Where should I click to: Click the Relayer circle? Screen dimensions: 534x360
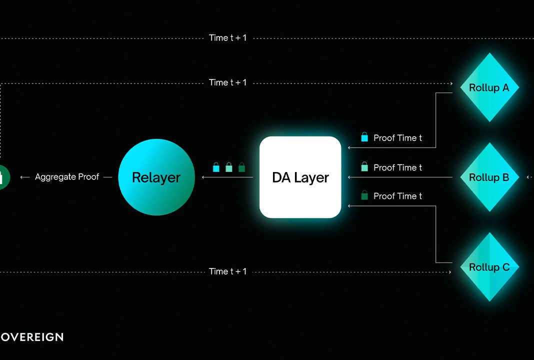156,177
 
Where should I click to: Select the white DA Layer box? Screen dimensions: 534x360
300,177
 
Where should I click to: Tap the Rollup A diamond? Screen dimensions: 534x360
489,87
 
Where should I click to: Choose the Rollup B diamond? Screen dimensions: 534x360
489,177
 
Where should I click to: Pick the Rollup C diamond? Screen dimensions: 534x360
489,267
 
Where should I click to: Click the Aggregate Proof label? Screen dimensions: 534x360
67,177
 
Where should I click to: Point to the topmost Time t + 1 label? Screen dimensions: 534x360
227,38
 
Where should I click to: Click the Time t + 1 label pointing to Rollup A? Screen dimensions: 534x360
227,82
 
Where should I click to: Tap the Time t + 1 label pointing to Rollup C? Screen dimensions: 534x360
227,271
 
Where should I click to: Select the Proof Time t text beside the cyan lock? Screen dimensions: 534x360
397,138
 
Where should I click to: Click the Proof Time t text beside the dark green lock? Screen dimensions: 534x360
397,196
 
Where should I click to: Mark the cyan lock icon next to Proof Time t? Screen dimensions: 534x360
364,137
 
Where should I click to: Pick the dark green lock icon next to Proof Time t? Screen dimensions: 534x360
364,195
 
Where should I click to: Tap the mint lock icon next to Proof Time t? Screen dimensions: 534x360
364,166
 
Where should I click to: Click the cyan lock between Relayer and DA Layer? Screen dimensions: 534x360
216,167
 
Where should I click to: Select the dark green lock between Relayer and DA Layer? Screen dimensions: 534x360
242,167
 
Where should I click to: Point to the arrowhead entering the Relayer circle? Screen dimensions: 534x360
203,177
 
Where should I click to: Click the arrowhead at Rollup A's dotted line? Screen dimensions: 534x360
451,83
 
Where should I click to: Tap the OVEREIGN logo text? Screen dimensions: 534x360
32,337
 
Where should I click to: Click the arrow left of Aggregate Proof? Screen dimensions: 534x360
25,177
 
